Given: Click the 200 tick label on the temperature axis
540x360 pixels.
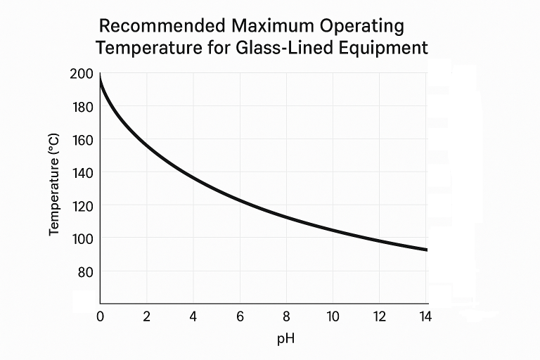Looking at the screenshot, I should tap(82, 74).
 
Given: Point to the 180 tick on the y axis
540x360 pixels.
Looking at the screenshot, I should tap(82, 107).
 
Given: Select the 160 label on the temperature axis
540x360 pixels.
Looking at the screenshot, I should tap(82, 139).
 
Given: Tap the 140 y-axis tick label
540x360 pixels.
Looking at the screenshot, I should tap(82, 172).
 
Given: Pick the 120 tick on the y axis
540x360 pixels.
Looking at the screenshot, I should tap(82, 205).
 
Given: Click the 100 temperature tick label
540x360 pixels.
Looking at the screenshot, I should tap(82, 238).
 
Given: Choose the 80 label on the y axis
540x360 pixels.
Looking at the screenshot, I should tap(84, 271).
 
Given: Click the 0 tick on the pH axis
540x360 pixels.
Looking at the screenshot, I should tap(100, 316).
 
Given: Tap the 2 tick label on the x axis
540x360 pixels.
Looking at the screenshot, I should tap(146, 316).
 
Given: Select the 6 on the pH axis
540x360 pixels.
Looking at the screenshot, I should tap(240, 316).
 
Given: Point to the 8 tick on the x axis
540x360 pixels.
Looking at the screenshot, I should tap(286, 316).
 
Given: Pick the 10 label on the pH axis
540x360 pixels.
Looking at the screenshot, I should tap(333, 316).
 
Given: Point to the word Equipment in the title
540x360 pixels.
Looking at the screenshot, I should tap(387, 48).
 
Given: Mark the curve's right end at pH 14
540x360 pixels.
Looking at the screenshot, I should tap(426, 250).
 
